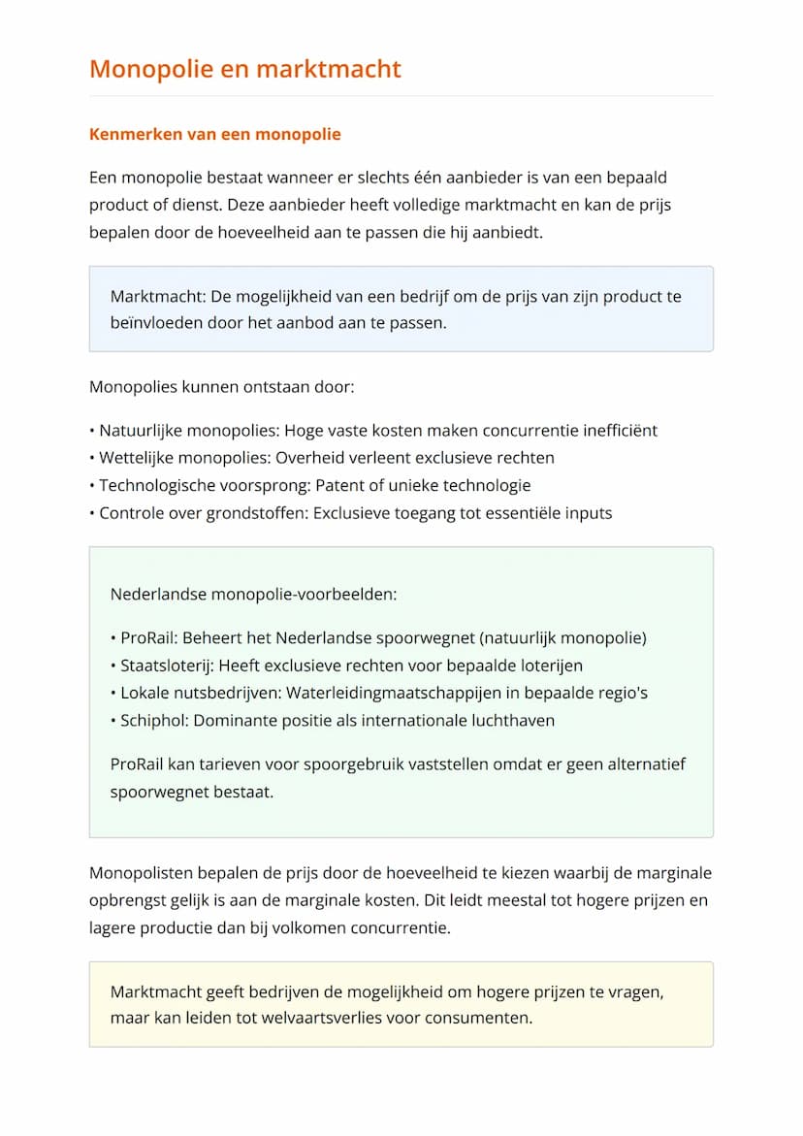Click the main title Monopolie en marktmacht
pos(244,69)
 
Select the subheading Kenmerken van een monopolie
pos(214,134)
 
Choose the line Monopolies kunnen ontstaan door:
pos(221,387)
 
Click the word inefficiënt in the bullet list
pos(618,431)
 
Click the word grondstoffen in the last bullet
pos(256,513)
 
